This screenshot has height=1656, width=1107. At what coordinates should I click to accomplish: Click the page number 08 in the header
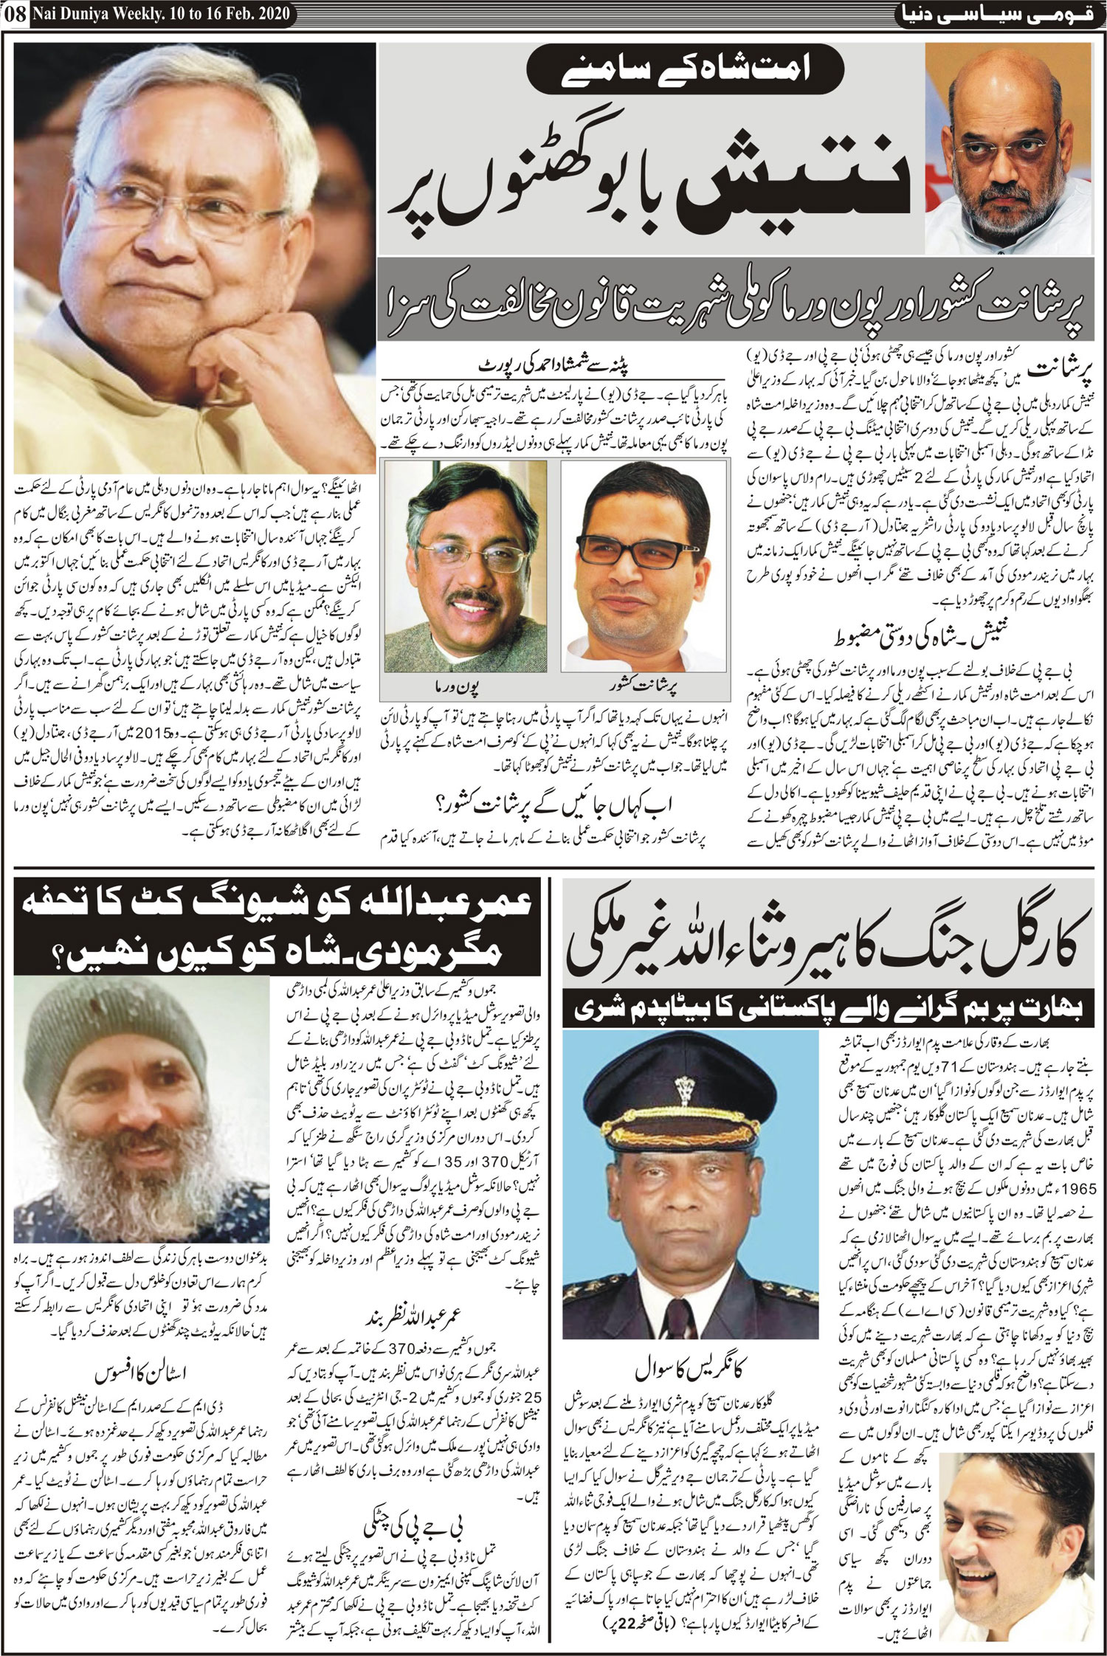click(14, 13)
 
